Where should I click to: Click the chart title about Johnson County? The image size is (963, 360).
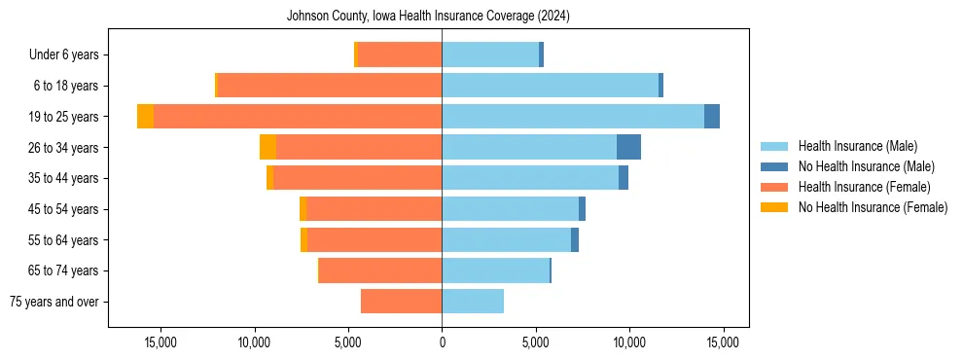point(442,17)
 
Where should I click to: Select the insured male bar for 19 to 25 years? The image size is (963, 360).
point(573,117)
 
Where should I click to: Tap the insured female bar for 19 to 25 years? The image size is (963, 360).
point(298,117)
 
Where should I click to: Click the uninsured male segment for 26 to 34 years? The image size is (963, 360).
point(628,147)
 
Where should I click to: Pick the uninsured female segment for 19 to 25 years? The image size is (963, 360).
point(145,117)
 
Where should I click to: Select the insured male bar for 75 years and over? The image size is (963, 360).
point(473,302)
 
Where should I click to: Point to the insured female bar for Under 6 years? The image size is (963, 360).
point(400,55)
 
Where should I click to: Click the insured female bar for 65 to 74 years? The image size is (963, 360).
point(380,270)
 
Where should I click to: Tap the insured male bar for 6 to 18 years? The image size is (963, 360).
point(550,86)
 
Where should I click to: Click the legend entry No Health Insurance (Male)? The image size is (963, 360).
point(866,166)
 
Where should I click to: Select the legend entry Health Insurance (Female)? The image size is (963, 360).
point(864,187)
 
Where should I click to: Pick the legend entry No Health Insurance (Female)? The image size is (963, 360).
point(873,207)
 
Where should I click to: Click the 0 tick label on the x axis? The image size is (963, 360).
point(442,342)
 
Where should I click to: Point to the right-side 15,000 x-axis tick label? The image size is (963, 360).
point(723,342)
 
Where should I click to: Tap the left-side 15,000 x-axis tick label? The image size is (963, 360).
point(160,342)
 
